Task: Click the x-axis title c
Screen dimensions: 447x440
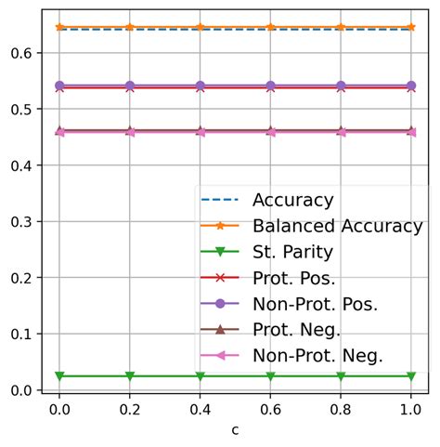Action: (x=236, y=431)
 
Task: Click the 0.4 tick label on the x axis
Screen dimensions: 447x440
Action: (x=201, y=408)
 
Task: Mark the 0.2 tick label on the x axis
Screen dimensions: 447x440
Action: (x=130, y=408)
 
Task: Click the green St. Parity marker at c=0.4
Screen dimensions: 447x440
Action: (x=201, y=375)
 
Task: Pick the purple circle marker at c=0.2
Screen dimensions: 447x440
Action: (x=130, y=85)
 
